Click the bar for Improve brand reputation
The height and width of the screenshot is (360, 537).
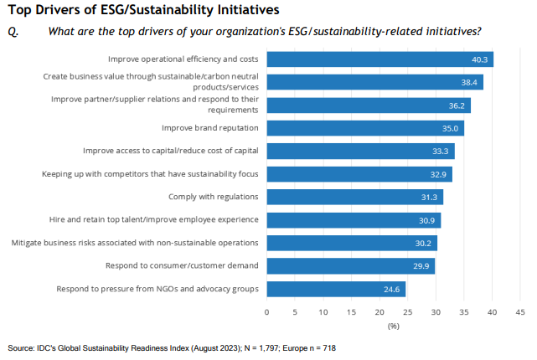point(365,128)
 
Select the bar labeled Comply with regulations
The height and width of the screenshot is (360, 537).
point(355,198)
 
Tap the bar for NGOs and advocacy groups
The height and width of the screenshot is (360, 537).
point(336,290)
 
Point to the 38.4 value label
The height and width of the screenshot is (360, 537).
point(470,82)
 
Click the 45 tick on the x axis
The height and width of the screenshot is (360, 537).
point(519,311)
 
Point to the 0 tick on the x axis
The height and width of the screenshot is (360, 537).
point(267,311)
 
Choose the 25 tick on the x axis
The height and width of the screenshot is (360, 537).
point(407,311)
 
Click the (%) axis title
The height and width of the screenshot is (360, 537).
point(393,325)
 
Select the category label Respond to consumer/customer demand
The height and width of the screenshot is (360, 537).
point(181,266)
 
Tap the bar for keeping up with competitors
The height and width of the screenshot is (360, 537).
point(361,174)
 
